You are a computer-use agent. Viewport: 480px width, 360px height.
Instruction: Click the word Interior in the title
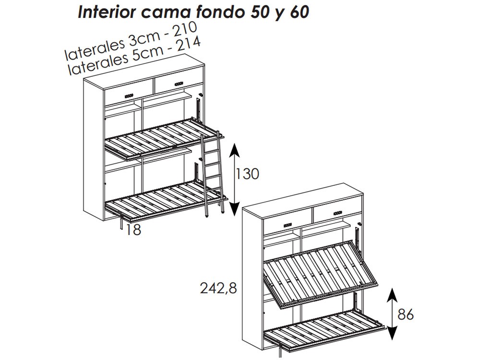pyautogui.click(x=107, y=12)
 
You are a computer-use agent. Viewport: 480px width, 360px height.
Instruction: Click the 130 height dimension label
pyautogui.click(x=247, y=174)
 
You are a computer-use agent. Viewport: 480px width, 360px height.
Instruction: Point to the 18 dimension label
pyautogui.click(x=133, y=230)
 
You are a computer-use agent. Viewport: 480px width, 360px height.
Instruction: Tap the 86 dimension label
pyautogui.click(x=406, y=314)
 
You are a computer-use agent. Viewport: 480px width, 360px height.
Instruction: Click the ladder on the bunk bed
pyautogui.click(x=211, y=173)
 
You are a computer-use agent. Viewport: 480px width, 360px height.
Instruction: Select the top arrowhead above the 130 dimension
pyautogui.click(x=234, y=147)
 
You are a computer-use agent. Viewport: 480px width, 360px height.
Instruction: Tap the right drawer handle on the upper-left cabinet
pyautogui.click(x=180, y=84)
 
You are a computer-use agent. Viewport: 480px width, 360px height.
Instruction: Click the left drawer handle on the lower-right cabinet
pyautogui.click(x=288, y=224)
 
